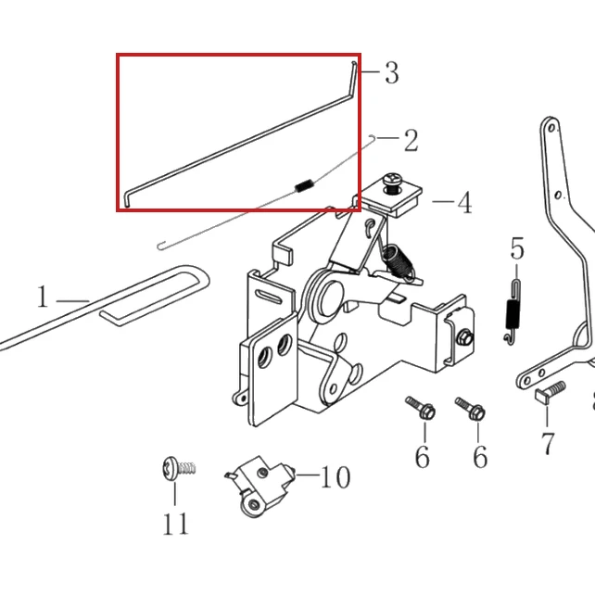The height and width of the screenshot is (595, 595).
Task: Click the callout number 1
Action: [43, 297]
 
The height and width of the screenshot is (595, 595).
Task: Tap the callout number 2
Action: [411, 140]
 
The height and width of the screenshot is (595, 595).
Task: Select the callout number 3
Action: [392, 72]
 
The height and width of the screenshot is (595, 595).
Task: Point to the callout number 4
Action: [465, 203]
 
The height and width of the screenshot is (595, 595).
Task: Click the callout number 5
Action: [517, 248]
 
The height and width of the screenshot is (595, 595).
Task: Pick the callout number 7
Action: [548, 443]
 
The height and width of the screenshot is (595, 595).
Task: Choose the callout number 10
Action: [335, 477]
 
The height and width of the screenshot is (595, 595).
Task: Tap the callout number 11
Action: [175, 524]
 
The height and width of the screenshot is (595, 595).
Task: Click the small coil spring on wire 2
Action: [304, 185]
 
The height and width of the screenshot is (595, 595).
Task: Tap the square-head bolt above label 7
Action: [550, 392]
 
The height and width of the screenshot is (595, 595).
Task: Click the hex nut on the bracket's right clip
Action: [464, 337]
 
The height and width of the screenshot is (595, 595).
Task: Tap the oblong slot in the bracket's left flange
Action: [269, 296]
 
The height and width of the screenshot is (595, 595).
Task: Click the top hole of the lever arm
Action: [552, 128]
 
